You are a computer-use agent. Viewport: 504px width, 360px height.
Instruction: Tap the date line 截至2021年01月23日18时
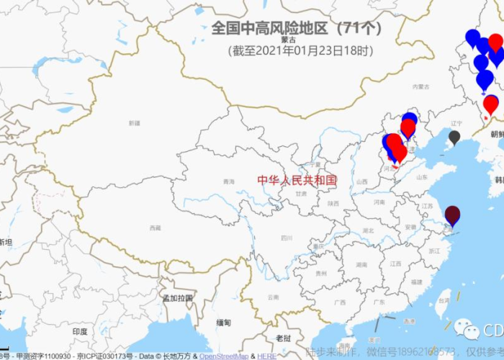[x=301, y=50]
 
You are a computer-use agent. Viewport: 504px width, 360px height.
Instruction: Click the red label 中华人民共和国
[x=297, y=180]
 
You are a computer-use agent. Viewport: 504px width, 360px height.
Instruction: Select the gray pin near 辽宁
[x=454, y=136]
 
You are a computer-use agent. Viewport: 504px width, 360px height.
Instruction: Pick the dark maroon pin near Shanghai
[x=452, y=214]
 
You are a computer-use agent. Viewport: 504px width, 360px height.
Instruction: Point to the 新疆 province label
[x=135, y=123]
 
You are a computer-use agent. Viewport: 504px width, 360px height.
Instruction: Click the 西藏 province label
[x=155, y=228]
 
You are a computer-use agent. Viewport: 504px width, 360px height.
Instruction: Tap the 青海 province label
[x=228, y=181]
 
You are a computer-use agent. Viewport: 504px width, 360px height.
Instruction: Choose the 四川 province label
[x=287, y=238]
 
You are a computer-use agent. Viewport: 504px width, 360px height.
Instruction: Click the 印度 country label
[x=80, y=332]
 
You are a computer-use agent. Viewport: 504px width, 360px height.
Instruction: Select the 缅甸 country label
[x=224, y=323]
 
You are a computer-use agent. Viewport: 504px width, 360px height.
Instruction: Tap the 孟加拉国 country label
[x=177, y=298]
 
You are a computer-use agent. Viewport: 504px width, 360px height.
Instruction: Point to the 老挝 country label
[x=284, y=338]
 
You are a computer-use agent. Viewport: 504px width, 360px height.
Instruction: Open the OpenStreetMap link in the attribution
[x=224, y=356]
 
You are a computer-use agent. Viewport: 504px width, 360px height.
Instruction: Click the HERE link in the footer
[x=266, y=356]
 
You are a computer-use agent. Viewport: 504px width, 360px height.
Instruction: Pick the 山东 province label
[x=422, y=177]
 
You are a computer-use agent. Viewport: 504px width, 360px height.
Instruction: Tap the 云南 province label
[x=273, y=297]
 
